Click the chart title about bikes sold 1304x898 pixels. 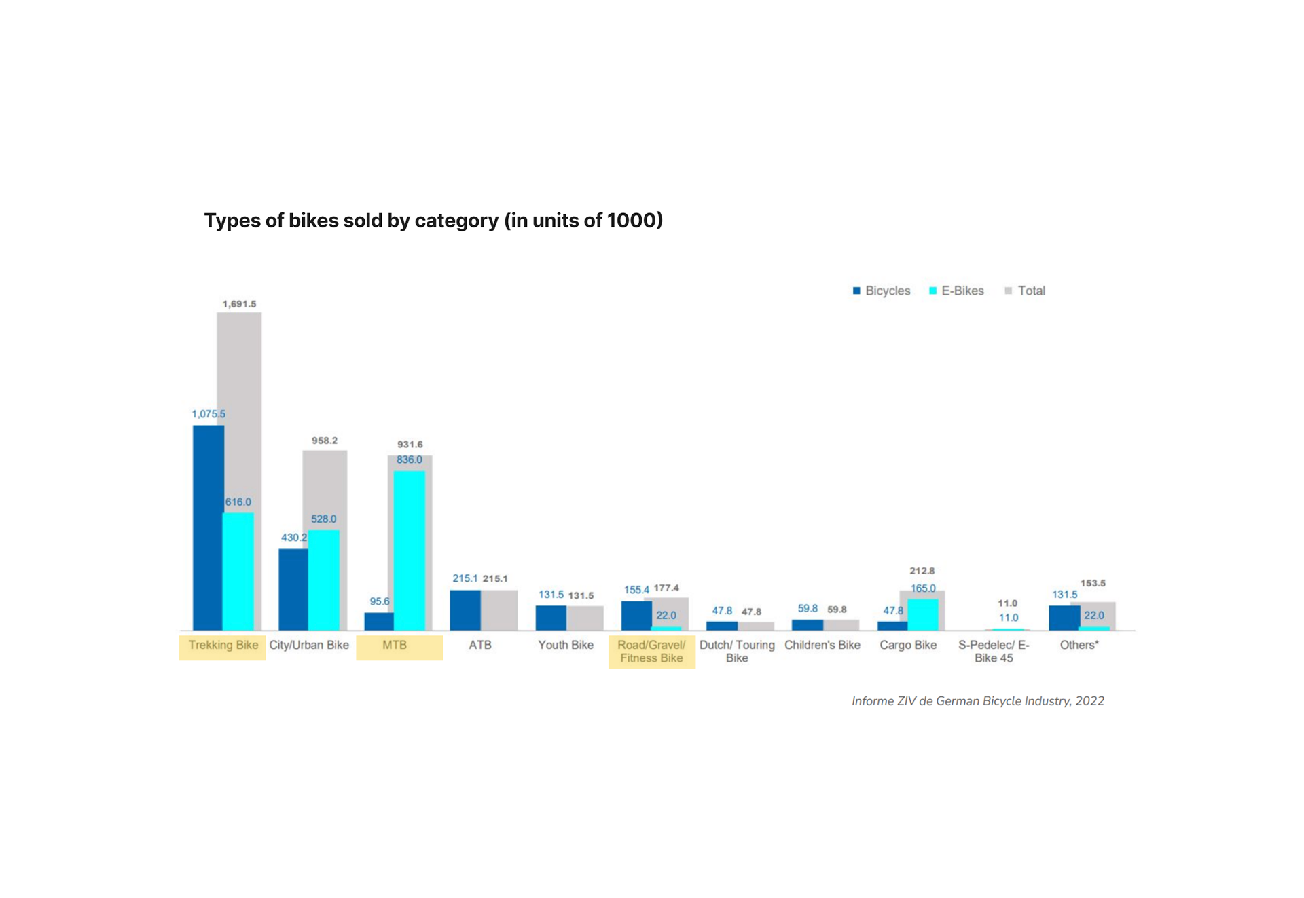433,221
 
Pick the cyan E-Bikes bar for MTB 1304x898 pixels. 410,550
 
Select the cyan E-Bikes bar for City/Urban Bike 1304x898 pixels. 324,580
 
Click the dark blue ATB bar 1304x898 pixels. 465,610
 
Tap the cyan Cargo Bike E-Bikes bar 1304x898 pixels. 923,615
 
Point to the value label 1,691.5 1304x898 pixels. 240,304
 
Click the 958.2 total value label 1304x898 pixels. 325,441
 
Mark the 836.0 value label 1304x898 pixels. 410,460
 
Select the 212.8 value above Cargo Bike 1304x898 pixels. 922,571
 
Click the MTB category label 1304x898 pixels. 395,645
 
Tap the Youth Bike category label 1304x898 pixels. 566,645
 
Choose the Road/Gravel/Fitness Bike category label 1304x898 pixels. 651,652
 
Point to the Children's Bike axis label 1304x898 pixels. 822,645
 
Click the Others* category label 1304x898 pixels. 1079,645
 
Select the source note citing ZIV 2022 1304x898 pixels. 978,701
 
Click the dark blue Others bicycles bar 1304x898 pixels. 1064,618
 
